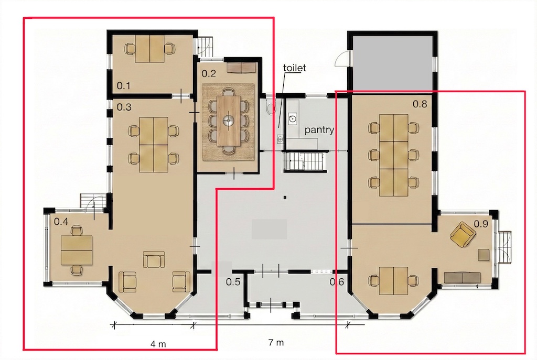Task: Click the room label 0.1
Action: tap(124, 85)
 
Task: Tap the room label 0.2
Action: tap(209, 73)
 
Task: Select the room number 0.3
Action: tap(124, 107)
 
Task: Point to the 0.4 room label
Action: tap(61, 222)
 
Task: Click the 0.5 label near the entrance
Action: tap(233, 282)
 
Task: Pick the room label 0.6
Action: tap(337, 282)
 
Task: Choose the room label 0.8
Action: tap(420, 104)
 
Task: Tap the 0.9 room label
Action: tap(481, 224)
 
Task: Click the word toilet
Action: tap(295, 68)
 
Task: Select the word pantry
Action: tap(319, 130)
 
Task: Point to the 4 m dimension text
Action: tap(158, 344)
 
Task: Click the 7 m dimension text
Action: tap(276, 342)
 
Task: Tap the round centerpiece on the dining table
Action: tap(228, 120)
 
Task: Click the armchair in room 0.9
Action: tap(463, 234)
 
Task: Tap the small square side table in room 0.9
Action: tap(484, 255)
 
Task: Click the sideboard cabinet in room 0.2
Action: tap(242, 68)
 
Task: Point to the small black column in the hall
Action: tap(285, 197)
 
